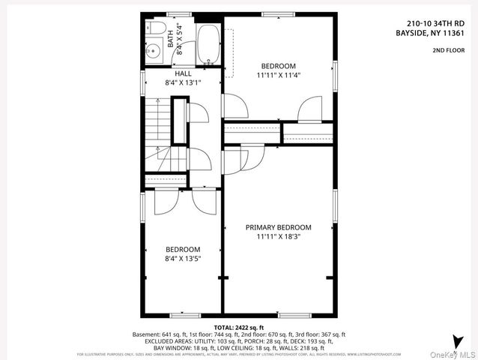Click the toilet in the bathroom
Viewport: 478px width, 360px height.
(156, 28)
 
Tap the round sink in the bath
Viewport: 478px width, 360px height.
(153, 52)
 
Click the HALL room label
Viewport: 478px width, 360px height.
(183, 73)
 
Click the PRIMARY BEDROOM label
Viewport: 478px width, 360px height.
(278, 227)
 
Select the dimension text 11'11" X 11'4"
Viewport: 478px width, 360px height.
(278, 75)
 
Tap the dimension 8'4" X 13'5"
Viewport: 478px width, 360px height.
(183, 259)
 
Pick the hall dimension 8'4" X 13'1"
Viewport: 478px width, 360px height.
(183, 82)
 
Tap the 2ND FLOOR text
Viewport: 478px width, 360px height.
(447, 51)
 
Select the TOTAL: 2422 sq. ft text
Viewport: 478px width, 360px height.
(239, 328)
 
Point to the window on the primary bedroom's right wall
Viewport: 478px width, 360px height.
(335, 206)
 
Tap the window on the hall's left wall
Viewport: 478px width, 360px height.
(142, 82)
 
